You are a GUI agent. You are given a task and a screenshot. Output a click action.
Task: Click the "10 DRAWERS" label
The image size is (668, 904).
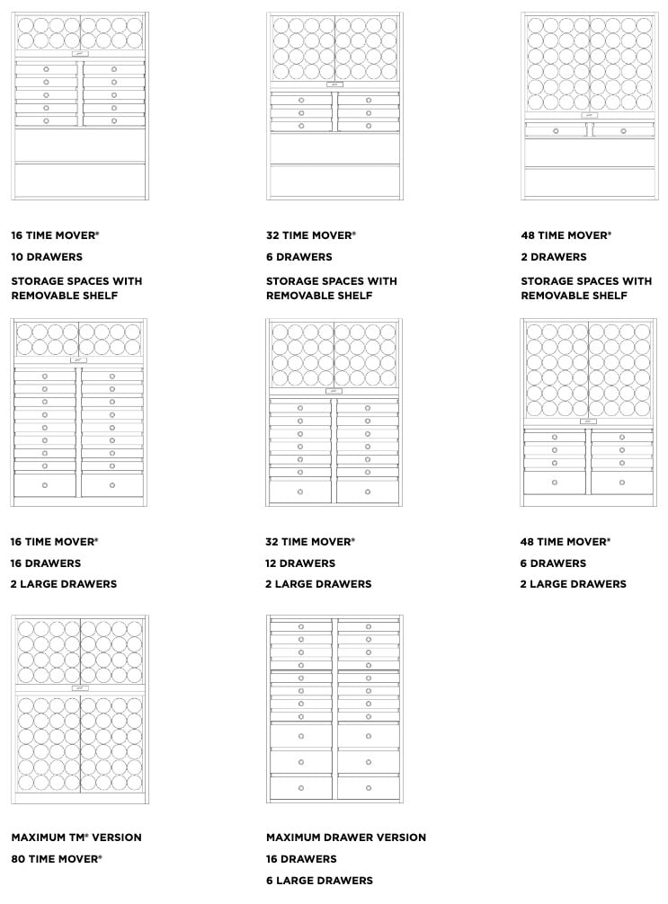click(47, 257)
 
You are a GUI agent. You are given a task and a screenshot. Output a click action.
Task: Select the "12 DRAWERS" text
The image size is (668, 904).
click(300, 563)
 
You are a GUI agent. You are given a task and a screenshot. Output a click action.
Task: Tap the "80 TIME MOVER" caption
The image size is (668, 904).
click(56, 859)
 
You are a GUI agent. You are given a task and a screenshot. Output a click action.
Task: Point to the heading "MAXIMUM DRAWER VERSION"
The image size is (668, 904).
click(346, 838)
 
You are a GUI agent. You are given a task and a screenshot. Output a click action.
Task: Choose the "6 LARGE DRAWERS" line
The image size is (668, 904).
click(319, 881)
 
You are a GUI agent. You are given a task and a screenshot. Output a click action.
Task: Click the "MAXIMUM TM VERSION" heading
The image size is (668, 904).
click(76, 838)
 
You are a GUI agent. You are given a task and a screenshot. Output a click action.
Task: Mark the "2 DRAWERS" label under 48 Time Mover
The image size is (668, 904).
click(553, 257)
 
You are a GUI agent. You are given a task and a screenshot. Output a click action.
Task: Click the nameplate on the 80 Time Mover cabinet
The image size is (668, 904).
click(80, 688)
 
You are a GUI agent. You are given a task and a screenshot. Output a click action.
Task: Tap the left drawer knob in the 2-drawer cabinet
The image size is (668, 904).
click(556, 131)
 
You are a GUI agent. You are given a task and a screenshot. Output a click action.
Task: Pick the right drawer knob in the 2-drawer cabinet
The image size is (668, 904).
click(622, 131)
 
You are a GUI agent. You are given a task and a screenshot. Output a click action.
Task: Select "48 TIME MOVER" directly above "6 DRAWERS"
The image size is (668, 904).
click(566, 542)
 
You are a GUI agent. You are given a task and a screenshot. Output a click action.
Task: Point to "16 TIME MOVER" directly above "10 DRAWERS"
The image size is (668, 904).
click(55, 235)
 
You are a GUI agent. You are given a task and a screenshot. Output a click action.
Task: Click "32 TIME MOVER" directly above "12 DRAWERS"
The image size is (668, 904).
click(310, 542)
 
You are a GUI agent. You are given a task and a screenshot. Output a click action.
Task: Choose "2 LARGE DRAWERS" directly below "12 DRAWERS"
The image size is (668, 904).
click(318, 584)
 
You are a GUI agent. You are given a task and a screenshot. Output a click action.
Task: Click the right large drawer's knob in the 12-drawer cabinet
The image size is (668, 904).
click(367, 492)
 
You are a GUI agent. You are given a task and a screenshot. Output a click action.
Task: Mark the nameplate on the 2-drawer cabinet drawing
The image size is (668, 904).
click(589, 115)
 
